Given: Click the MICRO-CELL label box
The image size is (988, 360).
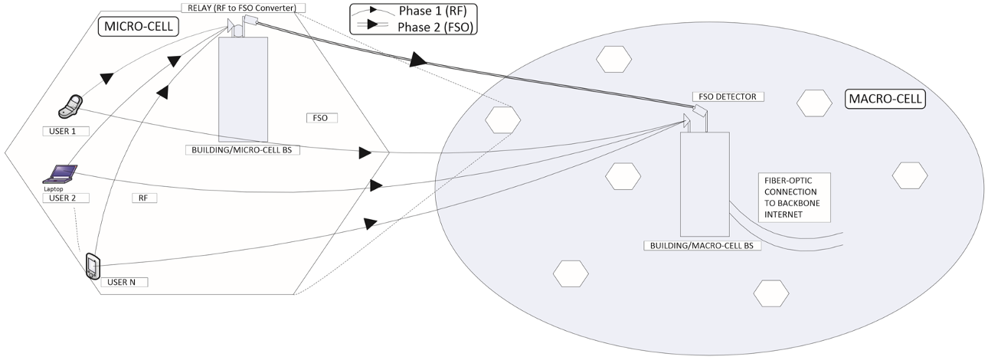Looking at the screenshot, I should coord(138,28).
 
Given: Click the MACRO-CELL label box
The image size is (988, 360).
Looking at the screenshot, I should coord(885,100).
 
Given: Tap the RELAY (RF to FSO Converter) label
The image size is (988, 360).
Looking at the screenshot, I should coord(244,8).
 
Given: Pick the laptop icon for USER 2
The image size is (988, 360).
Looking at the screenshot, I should coord(59,173).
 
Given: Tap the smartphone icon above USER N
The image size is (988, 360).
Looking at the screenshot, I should coord(92,266).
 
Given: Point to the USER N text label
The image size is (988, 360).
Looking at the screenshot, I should coord(123,282).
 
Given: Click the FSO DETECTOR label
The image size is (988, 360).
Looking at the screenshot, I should coord(728,97).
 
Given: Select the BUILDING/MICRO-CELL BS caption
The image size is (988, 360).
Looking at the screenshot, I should coord(242,150).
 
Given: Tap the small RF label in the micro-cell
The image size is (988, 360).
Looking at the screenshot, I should coord(143,198).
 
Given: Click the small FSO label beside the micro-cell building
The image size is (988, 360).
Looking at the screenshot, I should coord(320,119).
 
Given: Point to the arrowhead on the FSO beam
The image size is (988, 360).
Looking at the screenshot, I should coord(418,60).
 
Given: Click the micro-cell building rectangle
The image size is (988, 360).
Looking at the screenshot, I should coord(243,88).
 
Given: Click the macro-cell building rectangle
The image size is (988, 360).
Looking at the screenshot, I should coord(704,184).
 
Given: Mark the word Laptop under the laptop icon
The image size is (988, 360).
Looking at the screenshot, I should coord(53,188).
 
